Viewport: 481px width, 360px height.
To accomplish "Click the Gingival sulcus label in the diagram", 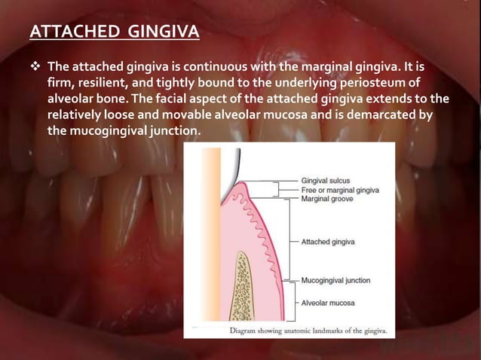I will (325, 182).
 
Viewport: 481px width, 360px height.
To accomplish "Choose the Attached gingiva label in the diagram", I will (328, 242).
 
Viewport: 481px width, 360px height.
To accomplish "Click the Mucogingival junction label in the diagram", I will (335, 280).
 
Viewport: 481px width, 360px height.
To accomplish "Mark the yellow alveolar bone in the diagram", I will (244, 286).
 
